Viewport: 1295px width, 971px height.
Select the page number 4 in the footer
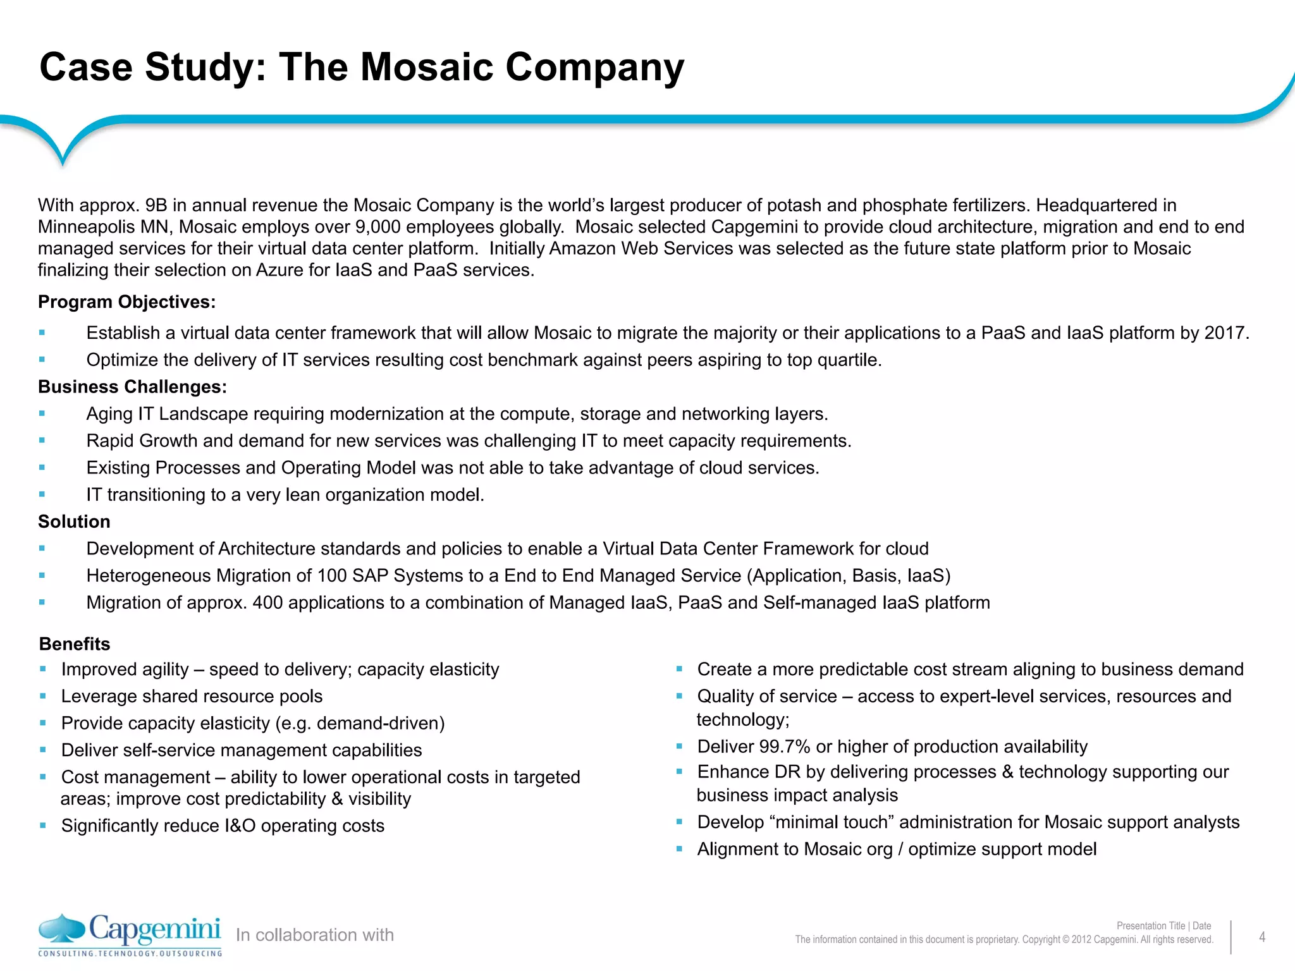(1261, 937)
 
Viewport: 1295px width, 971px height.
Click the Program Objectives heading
(126, 302)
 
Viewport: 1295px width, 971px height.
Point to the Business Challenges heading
(132, 387)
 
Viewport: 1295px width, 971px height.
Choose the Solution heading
(74, 522)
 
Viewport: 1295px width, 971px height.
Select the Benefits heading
(75, 644)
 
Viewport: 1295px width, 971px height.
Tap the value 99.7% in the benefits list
(785, 747)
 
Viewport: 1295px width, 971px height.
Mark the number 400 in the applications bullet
(267, 603)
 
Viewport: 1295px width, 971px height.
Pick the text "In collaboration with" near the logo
(314, 935)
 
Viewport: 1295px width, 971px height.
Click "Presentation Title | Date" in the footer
(1163, 925)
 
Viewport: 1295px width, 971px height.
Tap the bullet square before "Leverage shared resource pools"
(43, 696)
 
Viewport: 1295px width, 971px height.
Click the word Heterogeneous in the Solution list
(149, 576)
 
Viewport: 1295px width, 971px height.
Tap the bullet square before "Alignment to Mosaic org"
(679, 850)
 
